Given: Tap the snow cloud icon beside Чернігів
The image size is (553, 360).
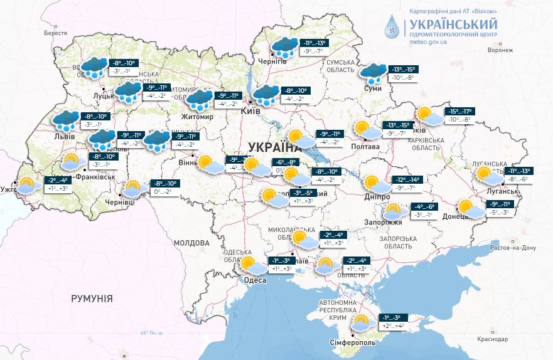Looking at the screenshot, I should point(284,46).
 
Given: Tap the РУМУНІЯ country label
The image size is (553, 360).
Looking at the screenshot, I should point(92,299).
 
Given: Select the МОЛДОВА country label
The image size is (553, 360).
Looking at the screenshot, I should point(191,243).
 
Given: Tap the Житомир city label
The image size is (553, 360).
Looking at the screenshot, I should point(197,117).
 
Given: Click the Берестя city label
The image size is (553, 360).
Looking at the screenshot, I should point(55,33).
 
